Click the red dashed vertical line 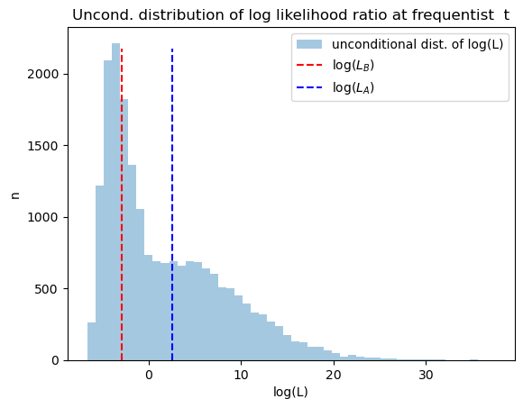tap(122, 204)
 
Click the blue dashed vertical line tap(172, 204)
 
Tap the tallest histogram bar tap(115, 202)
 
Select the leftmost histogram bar tap(92, 341)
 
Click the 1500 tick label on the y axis tap(43, 146)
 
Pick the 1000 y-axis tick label tap(43, 217)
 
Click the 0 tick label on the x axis tap(149, 375)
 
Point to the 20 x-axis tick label tap(334, 375)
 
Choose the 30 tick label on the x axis tap(426, 375)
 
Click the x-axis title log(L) tap(290, 392)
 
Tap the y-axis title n tap(15, 195)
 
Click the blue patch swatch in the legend tap(309, 44)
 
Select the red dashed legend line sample tap(309, 65)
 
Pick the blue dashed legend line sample tap(309, 87)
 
